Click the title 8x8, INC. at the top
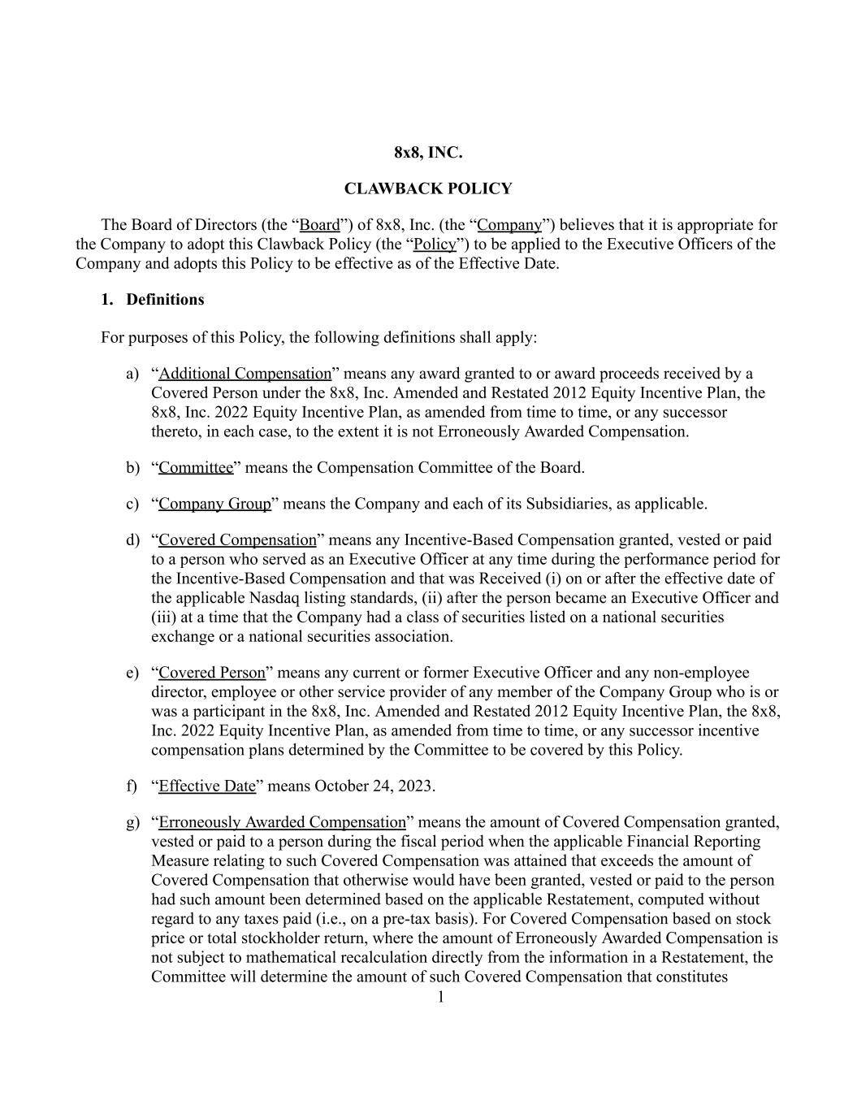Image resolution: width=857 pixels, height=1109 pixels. pos(428,153)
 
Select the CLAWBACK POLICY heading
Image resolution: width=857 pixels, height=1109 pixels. pos(428,188)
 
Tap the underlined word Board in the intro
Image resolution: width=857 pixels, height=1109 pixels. pos(320,225)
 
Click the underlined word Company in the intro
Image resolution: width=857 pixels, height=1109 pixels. pos(509,225)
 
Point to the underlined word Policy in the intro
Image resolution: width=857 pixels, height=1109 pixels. pos(435,245)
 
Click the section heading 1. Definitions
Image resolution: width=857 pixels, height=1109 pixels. pos(153,300)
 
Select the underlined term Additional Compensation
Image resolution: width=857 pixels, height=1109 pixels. pos(245,374)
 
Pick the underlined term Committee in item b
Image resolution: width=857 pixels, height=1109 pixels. pos(196,468)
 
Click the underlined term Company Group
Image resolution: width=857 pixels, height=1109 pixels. pos(214,504)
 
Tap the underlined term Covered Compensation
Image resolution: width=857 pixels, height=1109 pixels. pos(237,540)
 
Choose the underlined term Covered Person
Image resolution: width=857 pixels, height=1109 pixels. pos(212,673)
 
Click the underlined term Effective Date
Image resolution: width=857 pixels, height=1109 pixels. pos(207,786)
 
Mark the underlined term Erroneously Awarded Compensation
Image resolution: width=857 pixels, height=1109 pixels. pos(282,822)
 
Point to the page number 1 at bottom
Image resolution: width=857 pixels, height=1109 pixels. pos(441,998)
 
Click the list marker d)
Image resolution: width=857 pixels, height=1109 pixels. pos(132,540)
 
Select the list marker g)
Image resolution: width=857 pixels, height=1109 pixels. pos(132,822)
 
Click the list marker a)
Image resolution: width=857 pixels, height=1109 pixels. pos(132,374)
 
